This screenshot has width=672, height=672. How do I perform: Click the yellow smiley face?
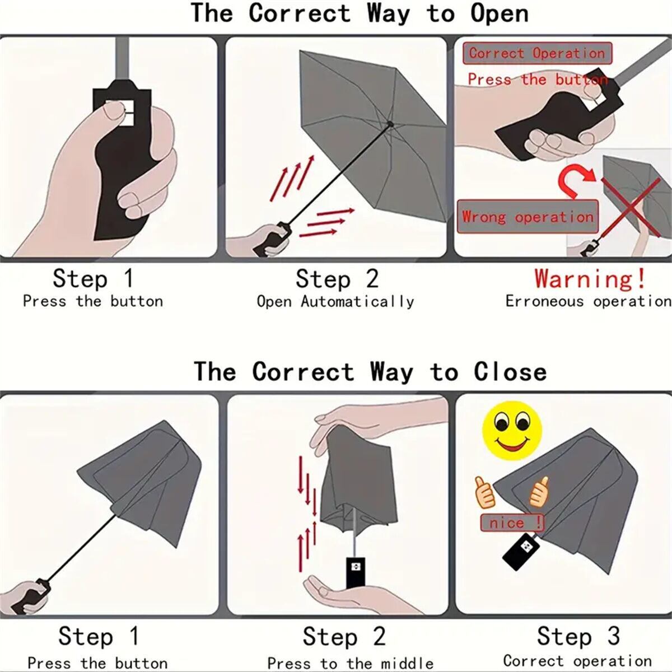click(x=512, y=430)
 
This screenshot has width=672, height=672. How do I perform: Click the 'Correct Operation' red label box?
click(x=537, y=53)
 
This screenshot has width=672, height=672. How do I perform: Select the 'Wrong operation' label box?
click(x=528, y=217)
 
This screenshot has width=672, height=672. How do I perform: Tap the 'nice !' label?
click(x=512, y=523)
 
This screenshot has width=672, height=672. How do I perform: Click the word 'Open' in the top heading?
click(x=500, y=14)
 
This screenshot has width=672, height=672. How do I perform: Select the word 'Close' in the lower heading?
click(x=510, y=372)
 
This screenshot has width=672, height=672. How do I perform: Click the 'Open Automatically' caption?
click(x=335, y=301)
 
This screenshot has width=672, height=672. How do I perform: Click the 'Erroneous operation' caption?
click(x=589, y=301)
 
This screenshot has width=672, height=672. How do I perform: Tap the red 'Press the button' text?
click(x=538, y=80)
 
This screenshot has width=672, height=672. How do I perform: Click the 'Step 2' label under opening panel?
click(x=337, y=279)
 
